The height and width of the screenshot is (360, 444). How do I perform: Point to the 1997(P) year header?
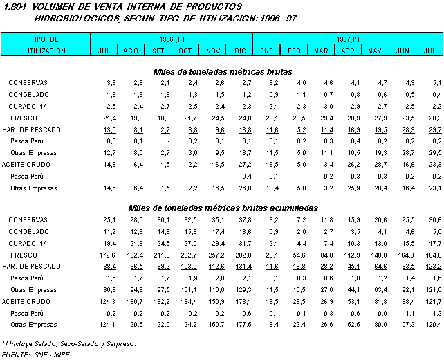pos(347,39)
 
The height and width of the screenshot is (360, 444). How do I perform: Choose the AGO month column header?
pos(131,51)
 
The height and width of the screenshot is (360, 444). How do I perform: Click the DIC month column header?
pos(240,51)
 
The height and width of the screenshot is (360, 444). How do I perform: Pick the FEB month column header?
pos(294,51)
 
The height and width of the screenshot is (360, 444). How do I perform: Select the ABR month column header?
pos(348,51)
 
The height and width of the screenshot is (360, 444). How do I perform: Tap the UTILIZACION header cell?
pos(46,51)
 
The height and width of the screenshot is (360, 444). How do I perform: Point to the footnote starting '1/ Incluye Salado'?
pos(68,343)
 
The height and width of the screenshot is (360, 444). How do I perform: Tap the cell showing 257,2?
pos(215,255)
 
